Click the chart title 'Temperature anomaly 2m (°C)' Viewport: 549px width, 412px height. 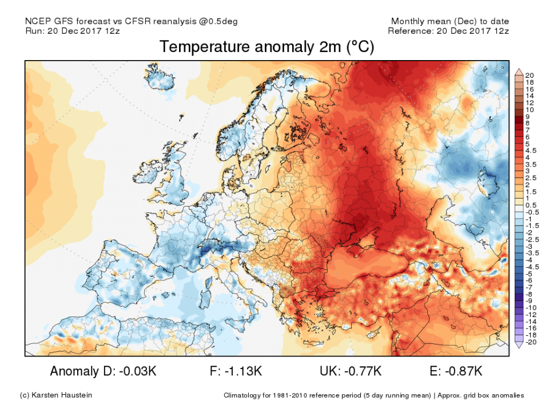click(266, 47)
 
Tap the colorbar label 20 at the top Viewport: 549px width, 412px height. click(529, 76)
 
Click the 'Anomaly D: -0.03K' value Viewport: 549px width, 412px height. click(103, 371)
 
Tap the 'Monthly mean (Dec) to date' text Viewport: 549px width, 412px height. click(450, 21)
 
